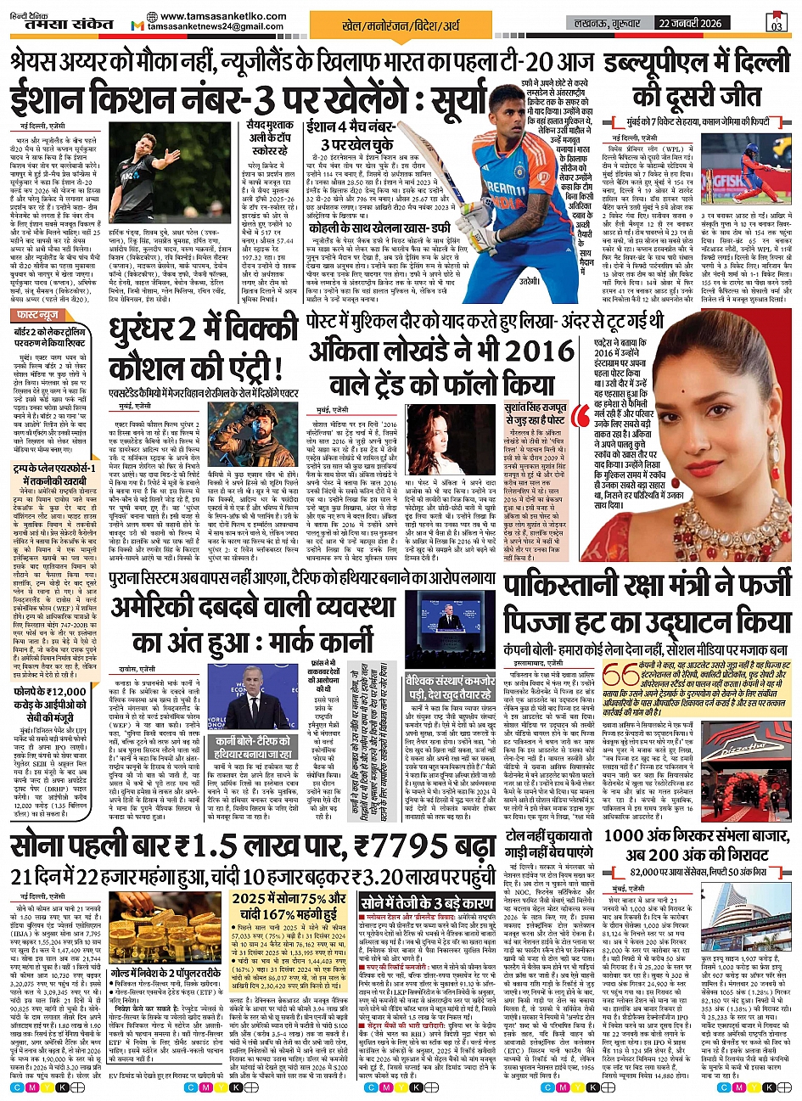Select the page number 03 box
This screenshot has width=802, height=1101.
[x=776, y=22]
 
